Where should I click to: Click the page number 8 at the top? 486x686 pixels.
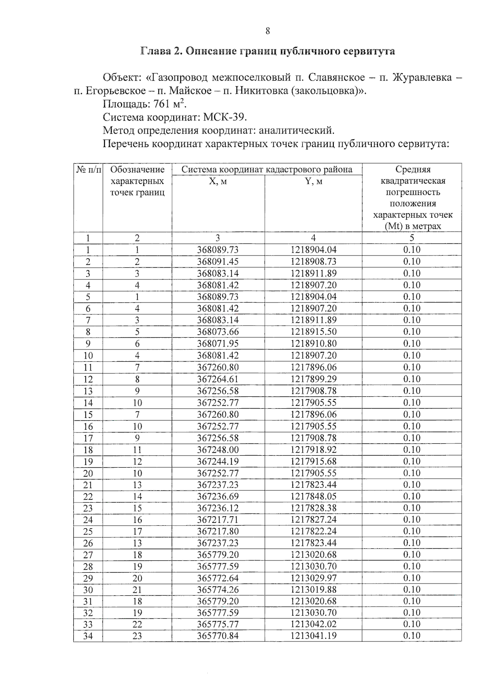coord(268,31)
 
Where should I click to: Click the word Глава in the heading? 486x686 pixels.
coord(155,52)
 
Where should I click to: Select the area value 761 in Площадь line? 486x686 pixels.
coord(161,104)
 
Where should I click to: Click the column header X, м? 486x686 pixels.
coord(218,181)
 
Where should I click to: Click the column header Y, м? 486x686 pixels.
coord(313,181)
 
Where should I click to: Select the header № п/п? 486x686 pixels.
coord(88,170)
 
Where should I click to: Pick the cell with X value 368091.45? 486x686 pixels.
coord(218,262)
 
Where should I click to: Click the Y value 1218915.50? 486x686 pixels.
coord(313,332)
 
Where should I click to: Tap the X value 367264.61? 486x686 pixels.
coord(218,379)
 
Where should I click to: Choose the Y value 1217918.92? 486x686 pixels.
coord(313,450)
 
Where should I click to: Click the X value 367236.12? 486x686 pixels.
coord(218,508)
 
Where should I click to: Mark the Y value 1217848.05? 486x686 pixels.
coord(313,496)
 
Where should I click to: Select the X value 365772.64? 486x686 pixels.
coord(218,578)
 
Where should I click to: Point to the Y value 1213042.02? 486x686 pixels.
coord(313,624)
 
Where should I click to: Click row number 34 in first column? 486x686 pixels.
coord(88,636)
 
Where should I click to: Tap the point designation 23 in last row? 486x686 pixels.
coord(137,636)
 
